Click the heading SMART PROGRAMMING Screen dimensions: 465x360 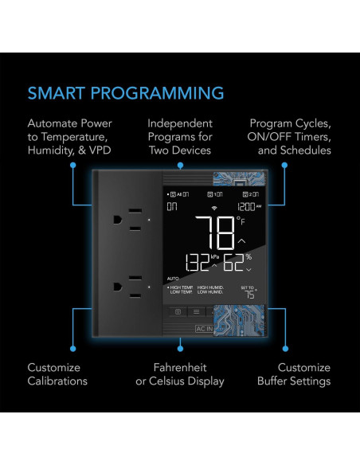[126, 92]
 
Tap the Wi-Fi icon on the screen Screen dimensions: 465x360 [213, 206]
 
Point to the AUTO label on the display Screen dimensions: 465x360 [173, 279]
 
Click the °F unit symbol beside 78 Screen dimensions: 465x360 [241, 221]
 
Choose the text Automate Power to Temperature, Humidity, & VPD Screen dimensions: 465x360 [70, 138]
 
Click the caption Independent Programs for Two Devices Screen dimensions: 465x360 [180, 138]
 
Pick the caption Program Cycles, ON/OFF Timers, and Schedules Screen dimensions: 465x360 [289, 138]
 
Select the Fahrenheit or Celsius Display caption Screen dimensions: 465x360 [180, 374]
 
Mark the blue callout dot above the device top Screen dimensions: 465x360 [180, 166]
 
